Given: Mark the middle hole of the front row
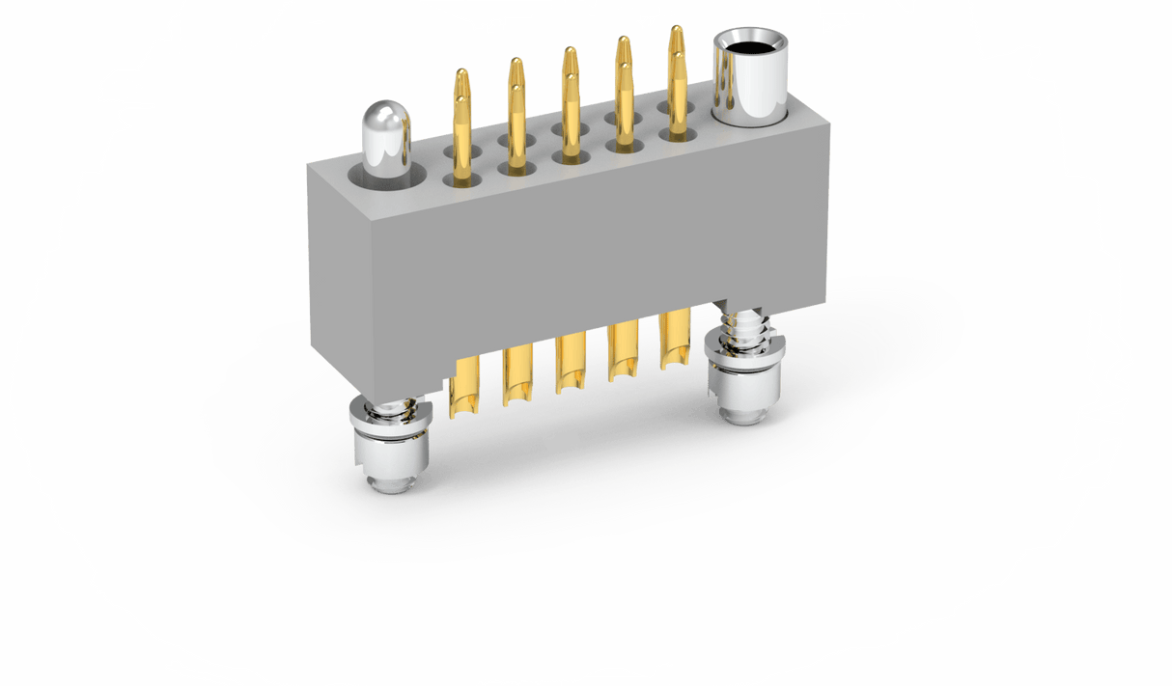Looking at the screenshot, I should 568,157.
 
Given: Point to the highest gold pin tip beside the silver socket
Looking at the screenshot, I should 676,31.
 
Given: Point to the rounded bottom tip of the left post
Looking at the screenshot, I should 391,481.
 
